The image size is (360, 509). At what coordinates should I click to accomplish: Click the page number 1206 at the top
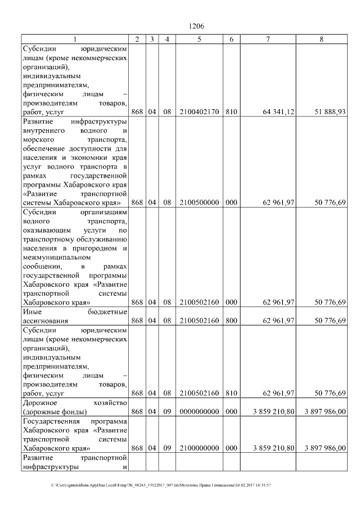[x=196, y=26]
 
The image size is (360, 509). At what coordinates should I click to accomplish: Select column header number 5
[x=199, y=39]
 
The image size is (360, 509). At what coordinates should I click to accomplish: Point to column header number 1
[x=74, y=39]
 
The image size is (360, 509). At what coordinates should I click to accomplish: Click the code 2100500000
[x=199, y=203]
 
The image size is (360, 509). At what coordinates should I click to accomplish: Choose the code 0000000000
[x=199, y=412]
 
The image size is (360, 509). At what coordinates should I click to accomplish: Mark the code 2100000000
[x=199, y=449]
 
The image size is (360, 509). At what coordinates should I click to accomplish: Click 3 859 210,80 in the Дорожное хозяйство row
[x=274, y=412]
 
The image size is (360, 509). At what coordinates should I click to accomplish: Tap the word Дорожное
[x=41, y=403]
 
